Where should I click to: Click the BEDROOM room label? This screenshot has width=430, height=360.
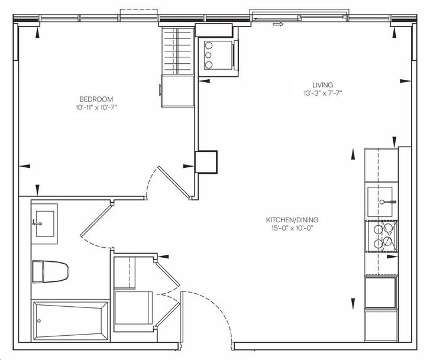coord(96,99)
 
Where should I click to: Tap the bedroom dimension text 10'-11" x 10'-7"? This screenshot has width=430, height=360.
coord(96,107)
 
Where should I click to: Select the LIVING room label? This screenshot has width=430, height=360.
coord(323,85)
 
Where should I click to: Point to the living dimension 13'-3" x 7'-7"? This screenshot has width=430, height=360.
coord(322,93)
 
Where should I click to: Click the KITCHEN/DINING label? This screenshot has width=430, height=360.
coord(292,220)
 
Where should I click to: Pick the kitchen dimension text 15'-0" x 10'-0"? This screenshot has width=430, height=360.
coord(292,228)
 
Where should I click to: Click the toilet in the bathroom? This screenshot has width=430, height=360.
coord(50,271)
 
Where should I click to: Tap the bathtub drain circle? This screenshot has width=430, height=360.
coord(39,321)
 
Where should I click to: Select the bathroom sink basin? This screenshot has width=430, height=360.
coord(45,223)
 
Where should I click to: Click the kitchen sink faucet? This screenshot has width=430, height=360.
coord(388,202)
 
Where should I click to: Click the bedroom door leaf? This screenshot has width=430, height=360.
coord(174,182)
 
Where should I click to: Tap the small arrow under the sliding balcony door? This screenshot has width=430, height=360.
coord(278,24)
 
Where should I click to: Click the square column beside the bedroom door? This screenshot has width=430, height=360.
coord(206,162)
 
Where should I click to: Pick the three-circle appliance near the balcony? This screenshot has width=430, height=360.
coord(218,55)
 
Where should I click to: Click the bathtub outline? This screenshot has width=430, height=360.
coord(70,321)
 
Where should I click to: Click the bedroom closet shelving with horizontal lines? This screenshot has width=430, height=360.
coord(178,51)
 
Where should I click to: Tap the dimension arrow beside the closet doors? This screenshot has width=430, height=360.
coord(163,257)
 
